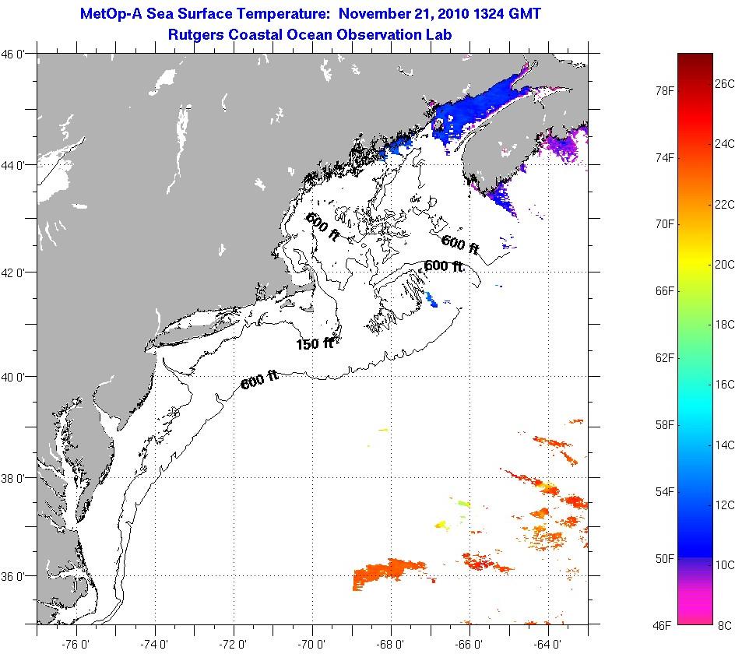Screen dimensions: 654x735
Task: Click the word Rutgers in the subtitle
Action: [196, 34]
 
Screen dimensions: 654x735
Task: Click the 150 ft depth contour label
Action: [315, 343]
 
